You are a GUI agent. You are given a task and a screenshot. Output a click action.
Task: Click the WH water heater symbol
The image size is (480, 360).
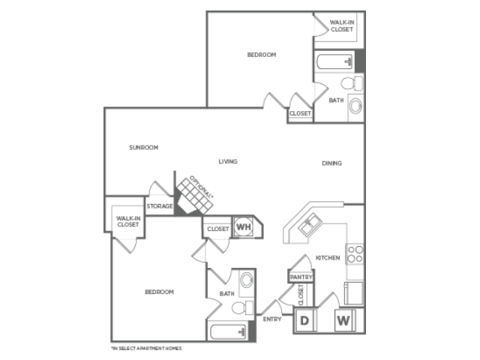click(x=244, y=226)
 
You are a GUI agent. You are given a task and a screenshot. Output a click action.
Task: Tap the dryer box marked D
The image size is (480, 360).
click(x=305, y=320)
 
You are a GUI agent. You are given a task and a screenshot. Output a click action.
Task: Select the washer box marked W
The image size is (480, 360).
click(x=344, y=320)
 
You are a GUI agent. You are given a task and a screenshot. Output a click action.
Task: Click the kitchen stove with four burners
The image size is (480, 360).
click(x=355, y=254)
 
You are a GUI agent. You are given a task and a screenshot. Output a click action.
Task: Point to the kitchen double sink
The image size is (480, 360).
click(x=310, y=224)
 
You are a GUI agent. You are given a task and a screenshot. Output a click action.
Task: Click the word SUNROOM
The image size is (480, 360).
click(x=143, y=148)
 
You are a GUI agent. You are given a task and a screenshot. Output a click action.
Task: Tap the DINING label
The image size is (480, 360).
click(x=331, y=163)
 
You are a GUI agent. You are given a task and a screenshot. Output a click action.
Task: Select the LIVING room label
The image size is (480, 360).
click(x=228, y=161)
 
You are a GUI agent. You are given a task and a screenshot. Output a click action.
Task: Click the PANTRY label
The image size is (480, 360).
click(x=301, y=277)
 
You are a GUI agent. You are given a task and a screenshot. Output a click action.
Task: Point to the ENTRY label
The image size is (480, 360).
click(x=272, y=319)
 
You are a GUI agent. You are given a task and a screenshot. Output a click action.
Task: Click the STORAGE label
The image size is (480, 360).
click(x=160, y=206)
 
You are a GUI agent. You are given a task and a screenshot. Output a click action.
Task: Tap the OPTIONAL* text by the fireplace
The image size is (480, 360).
click(x=201, y=187)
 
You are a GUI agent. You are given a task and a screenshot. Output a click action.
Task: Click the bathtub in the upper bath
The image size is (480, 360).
click(x=334, y=61)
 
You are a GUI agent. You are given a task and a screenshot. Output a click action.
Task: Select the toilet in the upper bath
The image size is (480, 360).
click(x=352, y=83)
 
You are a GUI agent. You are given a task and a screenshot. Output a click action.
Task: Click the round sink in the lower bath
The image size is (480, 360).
click(x=247, y=280)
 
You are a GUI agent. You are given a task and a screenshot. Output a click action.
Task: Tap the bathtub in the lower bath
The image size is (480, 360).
click(x=228, y=331)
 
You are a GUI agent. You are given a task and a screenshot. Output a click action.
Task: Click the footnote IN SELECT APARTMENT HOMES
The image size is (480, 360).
click(x=146, y=348)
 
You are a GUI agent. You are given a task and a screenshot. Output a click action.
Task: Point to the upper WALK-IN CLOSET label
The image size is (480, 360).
click(x=342, y=25)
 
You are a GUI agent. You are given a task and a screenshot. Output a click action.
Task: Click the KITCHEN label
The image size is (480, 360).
click(x=328, y=258)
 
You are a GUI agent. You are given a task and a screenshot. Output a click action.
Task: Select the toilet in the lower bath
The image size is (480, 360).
click(x=243, y=307)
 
